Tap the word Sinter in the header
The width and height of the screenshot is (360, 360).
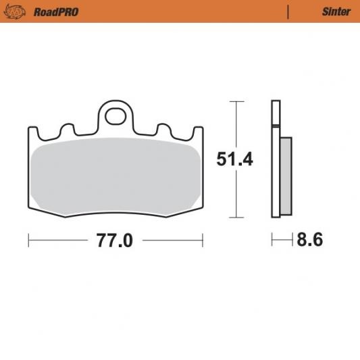coord(336,11)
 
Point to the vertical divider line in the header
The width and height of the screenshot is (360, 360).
coord(288,11)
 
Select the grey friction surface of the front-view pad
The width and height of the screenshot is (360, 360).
coord(115,176)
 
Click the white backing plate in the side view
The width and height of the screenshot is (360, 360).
coord(275,169)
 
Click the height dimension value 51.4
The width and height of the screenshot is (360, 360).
coord(234,159)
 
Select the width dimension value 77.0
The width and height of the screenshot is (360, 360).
coord(114,240)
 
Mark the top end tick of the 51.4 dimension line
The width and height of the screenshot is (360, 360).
coord(235,101)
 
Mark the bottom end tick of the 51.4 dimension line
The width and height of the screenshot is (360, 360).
coord(235,217)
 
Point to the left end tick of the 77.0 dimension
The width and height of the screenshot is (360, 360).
coord(28,240)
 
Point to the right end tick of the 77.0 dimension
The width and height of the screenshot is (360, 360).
coord(203,240)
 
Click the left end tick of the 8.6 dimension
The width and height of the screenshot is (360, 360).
coord(272,240)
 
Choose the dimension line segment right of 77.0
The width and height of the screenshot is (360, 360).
coord(172,240)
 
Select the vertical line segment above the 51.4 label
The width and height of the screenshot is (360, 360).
coord(235,125)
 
